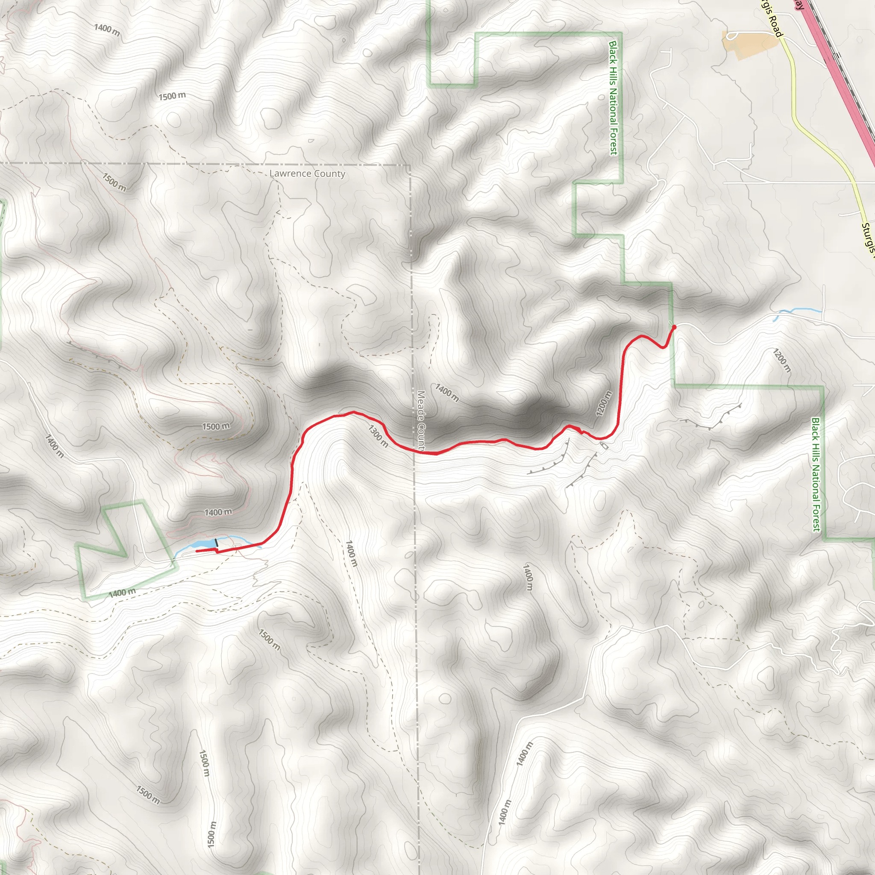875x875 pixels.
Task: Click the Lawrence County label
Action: (x=307, y=173)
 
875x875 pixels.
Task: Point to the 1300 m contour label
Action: (x=378, y=436)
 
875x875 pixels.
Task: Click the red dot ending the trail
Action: (x=674, y=326)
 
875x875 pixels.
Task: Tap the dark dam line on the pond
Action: (x=217, y=543)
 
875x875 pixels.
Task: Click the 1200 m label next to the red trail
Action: (x=604, y=403)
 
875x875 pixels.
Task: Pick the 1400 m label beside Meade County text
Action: (x=447, y=392)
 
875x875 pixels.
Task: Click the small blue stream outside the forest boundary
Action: (x=797, y=311)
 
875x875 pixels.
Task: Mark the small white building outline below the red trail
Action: (x=604, y=445)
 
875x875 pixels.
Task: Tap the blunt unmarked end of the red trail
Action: (x=197, y=551)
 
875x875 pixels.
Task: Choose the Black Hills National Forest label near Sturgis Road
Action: (x=613, y=97)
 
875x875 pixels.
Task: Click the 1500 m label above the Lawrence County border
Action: (x=172, y=96)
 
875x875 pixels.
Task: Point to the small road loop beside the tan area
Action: (x=730, y=35)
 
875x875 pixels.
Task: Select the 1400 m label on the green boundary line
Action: (x=122, y=593)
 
